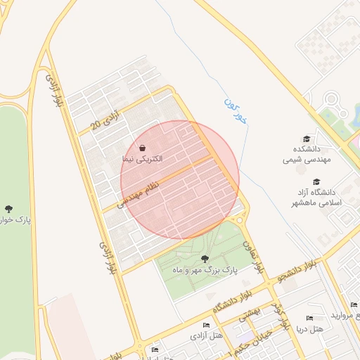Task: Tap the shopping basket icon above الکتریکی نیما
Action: pos(143,148)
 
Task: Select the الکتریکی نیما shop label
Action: pos(142,160)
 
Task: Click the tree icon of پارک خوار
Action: pos(8,209)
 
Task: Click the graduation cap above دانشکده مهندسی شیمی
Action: pos(306,139)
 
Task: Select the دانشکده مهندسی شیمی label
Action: pos(306,155)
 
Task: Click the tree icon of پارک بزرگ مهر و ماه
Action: pos(205,259)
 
